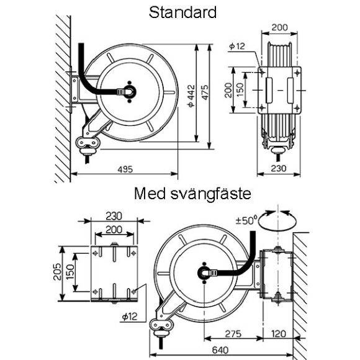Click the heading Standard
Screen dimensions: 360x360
pyautogui.click(x=182, y=12)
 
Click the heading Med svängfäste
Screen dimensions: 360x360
pyautogui.click(x=192, y=194)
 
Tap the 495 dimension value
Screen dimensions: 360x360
pyautogui.click(x=125, y=169)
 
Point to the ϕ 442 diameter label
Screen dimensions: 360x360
pyautogui.click(x=191, y=96)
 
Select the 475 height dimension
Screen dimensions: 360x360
pyautogui.click(x=205, y=92)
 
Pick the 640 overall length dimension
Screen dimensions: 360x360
pyautogui.click(x=220, y=350)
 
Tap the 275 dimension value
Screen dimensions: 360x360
pyautogui.click(x=233, y=334)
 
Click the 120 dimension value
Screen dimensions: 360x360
pyautogui.click(x=279, y=334)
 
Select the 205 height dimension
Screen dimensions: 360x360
pyautogui.click(x=57, y=272)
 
